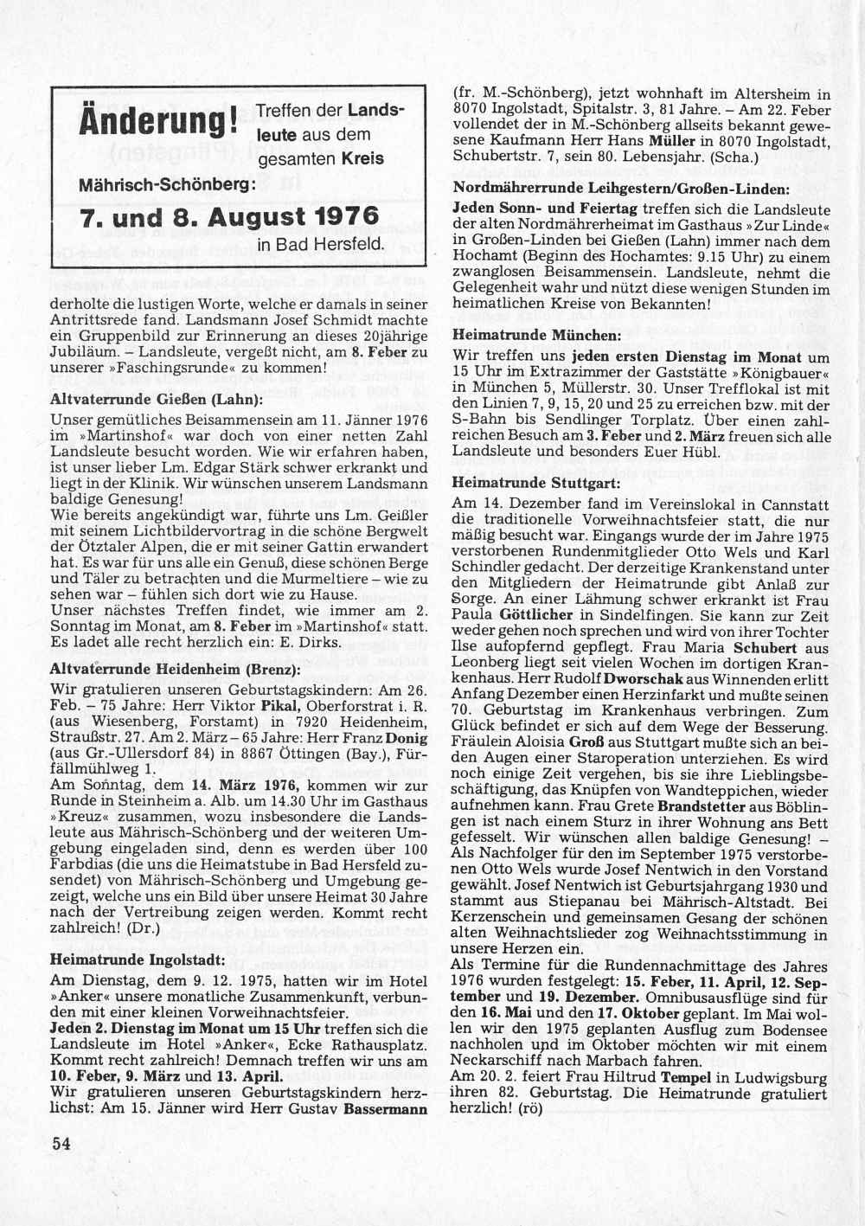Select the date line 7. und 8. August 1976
click(228, 216)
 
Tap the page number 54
click(60, 1143)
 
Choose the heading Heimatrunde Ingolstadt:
click(138, 960)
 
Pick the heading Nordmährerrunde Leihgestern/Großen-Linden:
click(620, 189)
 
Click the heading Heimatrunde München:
click(536, 335)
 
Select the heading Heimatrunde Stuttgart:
click(536, 482)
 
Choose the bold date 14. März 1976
click(248, 786)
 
